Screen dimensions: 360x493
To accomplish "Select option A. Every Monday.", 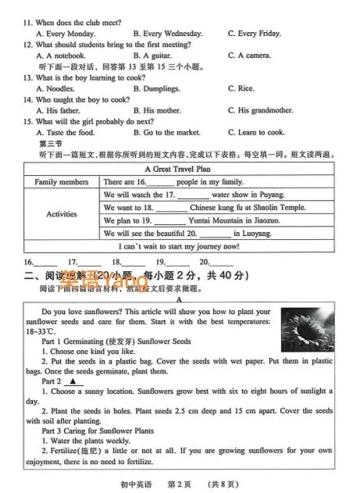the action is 66,34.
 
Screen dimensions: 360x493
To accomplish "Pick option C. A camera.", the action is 249,55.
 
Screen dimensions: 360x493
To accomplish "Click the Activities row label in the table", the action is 62,214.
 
